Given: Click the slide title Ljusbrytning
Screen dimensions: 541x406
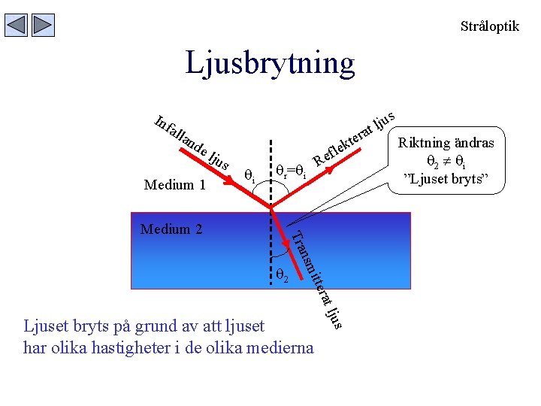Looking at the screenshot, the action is click(270, 63).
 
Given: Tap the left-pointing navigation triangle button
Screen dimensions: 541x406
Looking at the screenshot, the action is click(16, 26).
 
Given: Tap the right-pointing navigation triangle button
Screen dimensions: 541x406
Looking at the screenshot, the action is click(43, 26).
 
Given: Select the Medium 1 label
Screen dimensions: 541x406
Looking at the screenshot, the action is click(174, 185).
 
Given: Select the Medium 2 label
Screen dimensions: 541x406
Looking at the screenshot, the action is click(171, 229).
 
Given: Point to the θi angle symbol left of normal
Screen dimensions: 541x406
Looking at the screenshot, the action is click(250, 177).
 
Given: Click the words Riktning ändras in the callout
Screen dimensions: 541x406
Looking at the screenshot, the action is click(446, 143).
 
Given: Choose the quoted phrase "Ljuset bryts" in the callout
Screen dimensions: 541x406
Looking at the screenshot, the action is click(446, 180).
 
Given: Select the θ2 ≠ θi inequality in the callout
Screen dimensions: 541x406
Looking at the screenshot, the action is click(446, 161).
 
